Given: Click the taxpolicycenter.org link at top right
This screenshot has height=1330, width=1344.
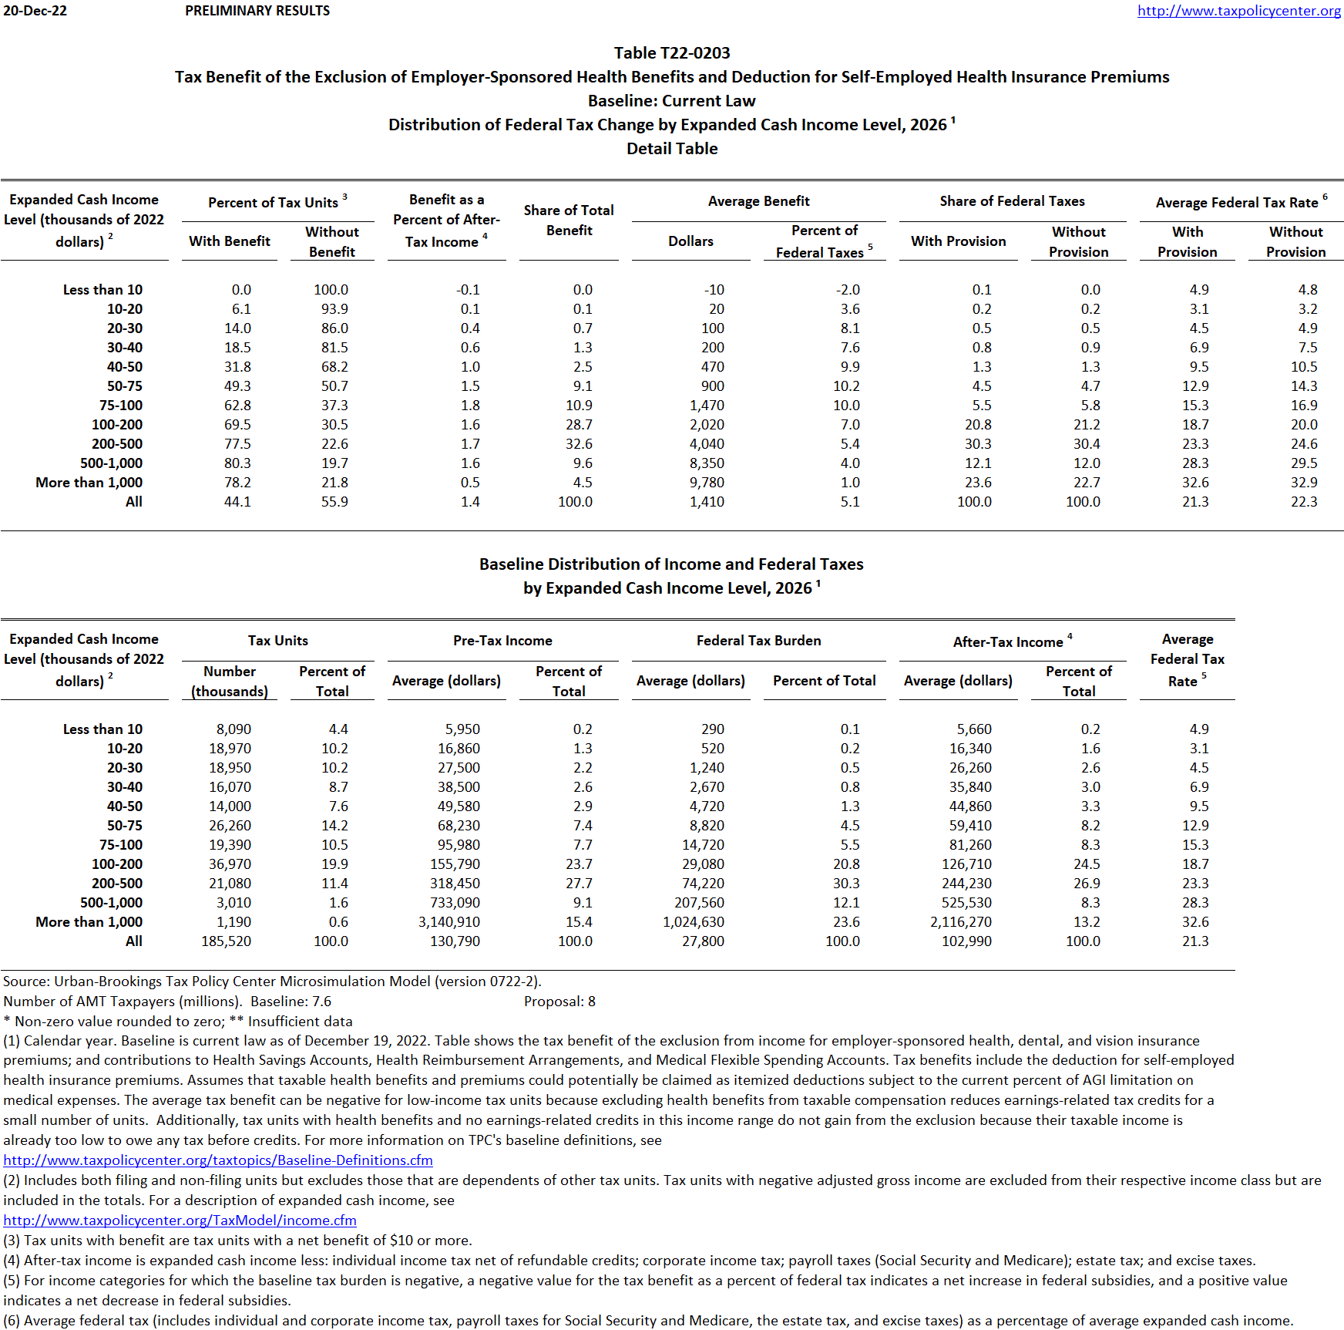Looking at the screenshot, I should click(1238, 11).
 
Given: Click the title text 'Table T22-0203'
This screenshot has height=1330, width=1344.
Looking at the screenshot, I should click(671, 53).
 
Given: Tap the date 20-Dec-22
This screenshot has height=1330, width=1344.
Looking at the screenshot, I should click(35, 11).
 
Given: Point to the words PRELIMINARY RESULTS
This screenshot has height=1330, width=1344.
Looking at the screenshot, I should click(257, 11).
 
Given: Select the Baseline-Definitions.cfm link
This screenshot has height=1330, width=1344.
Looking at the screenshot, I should click(218, 1160).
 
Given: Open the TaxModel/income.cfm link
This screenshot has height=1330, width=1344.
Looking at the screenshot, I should click(180, 1221).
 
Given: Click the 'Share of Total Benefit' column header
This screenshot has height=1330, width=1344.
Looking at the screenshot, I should click(569, 221).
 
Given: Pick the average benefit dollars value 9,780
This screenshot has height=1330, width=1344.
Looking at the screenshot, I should click(707, 483).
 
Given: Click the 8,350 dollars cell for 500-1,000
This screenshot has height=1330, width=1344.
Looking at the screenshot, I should click(707, 463).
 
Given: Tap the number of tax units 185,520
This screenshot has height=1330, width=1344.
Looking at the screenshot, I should click(226, 941).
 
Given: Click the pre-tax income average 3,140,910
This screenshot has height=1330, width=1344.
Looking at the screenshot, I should click(449, 922).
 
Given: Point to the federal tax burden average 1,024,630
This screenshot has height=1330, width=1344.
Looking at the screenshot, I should click(693, 922).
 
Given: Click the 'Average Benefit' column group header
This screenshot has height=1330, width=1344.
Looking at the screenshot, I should click(758, 201).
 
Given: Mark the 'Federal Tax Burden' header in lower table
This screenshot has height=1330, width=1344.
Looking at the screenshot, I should click(758, 641).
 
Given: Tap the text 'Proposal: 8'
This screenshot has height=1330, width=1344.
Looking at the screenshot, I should click(559, 1002).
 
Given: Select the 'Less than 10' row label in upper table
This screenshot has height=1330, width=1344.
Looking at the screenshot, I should click(102, 290).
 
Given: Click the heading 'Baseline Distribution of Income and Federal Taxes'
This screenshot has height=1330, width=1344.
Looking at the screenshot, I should click(671, 564).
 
